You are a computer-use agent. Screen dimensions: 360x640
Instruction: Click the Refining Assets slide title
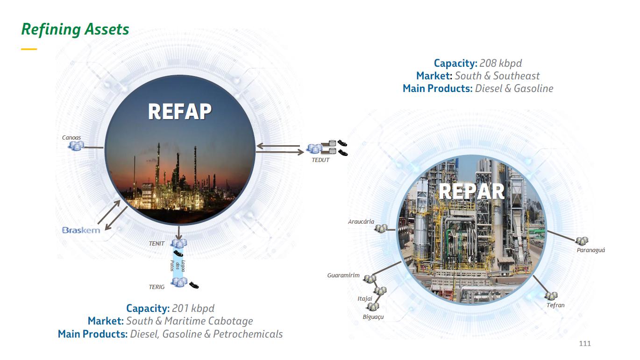(x=75, y=29)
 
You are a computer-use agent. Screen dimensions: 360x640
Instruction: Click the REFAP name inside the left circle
(x=180, y=112)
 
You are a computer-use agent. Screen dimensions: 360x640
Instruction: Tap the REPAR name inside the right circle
(x=472, y=191)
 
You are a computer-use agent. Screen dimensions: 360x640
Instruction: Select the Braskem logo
(x=81, y=230)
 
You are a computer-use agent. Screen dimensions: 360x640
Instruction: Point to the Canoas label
(x=71, y=138)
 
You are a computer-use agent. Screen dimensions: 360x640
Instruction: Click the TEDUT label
(x=320, y=160)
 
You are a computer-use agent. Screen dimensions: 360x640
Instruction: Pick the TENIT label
(x=157, y=243)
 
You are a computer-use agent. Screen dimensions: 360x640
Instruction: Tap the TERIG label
(x=157, y=287)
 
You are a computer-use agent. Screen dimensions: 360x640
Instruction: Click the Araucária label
(x=361, y=221)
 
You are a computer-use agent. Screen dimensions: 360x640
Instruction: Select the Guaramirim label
(x=343, y=275)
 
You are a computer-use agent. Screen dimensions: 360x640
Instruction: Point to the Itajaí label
(x=365, y=298)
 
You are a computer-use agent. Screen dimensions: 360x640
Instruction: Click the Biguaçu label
(x=373, y=317)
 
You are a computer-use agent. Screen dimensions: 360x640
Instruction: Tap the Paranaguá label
(x=590, y=250)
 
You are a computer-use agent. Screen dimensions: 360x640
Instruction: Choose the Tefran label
(x=555, y=305)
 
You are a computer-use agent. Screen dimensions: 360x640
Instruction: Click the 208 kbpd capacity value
(x=500, y=63)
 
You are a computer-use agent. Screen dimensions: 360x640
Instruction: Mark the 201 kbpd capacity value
(x=193, y=308)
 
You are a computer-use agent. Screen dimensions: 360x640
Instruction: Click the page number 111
(x=585, y=344)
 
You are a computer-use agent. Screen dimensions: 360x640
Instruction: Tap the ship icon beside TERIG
(x=194, y=284)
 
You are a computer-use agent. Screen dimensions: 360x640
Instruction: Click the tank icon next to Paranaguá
(x=582, y=241)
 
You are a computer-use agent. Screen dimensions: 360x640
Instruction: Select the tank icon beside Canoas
(x=76, y=146)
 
